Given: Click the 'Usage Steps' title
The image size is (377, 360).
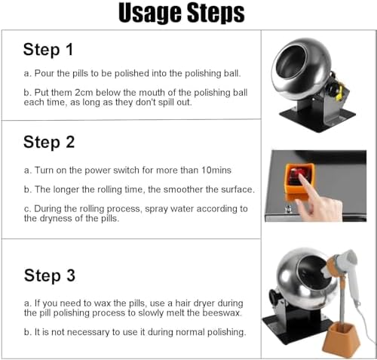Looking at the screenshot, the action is [x=182, y=13].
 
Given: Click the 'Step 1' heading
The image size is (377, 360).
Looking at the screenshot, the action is [x=48, y=49].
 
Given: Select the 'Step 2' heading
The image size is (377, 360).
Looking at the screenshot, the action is [x=49, y=142].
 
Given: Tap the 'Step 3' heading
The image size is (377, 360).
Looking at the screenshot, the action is [x=50, y=275].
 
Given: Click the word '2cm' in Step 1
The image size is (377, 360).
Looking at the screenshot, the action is [x=84, y=93].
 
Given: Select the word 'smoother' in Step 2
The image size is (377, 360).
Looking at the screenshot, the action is [x=183, y=189].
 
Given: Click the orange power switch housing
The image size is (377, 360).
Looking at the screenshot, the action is [x=299, y=179].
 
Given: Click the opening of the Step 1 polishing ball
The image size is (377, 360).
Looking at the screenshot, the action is [x=292, y=62].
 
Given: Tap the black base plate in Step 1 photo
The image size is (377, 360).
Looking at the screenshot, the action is [x=317, y=119].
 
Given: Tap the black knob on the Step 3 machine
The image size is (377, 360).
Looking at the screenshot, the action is [x=273, y=297].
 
